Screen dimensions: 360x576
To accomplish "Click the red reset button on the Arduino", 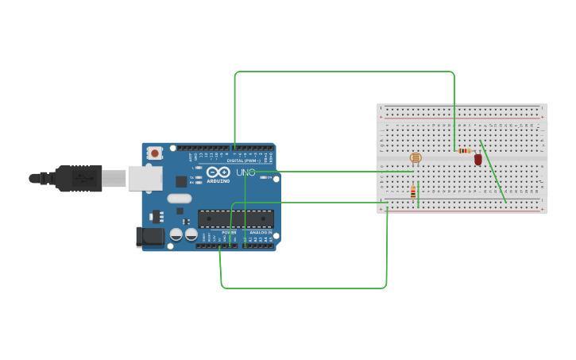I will click(155, 152).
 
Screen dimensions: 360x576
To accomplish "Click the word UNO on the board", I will click(245, 172).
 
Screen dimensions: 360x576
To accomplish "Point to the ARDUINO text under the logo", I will click(218, 181).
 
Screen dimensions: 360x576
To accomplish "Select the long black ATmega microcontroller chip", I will click(235, 219).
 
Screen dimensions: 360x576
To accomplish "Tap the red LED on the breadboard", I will click(477, 159).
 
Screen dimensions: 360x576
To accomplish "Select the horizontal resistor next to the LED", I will click(464, 150).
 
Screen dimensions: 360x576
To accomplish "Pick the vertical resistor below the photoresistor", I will click(412, 192).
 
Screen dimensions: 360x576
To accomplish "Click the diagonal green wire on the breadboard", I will click(493, 172).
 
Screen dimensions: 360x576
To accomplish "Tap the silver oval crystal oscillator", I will click(179, 199).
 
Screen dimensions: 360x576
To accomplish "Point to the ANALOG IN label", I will click(259, 232).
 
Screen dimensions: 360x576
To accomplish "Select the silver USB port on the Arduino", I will click(145, 179).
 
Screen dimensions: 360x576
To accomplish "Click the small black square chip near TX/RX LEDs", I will click(182, 181).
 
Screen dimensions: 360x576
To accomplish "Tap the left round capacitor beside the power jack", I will click(176, 234).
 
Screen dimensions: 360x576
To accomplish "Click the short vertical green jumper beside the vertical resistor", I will click(419, 194).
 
